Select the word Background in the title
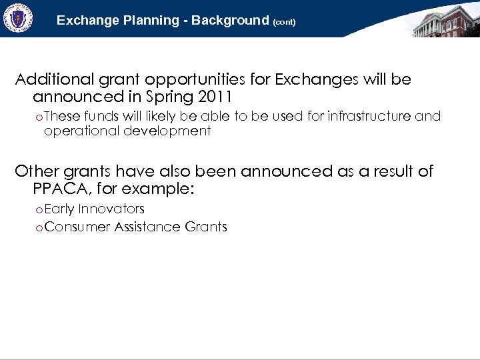point(229,21)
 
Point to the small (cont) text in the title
point(284,22)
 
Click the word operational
point(81,131)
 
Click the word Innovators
point(111,209)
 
